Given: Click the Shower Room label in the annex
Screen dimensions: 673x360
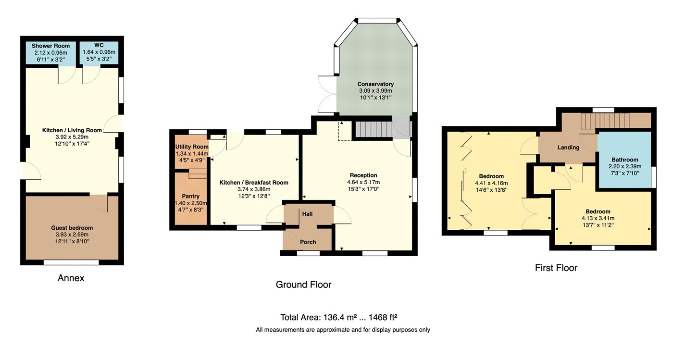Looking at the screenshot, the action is tap(50, 46).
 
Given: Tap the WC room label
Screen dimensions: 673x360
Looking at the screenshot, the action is tap(99, 45).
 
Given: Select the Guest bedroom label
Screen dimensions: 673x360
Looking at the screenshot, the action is tap(72, 228).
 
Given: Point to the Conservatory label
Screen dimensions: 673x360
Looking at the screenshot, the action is tap(375, 84).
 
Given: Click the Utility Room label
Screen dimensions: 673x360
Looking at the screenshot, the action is tap(192, 147).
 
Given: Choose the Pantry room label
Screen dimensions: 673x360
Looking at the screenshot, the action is tap(190, 196).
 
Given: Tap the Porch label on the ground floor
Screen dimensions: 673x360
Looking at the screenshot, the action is tap(308, 242).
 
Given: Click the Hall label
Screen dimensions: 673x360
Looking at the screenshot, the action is tap(307, 214).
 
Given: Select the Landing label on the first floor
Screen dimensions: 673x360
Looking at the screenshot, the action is tap(568, 147).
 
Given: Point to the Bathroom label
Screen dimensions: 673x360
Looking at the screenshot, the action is tap(624, 160).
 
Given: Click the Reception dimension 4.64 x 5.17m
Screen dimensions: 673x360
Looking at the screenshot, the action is tap(363, 182).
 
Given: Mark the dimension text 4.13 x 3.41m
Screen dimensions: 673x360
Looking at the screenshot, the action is tap(598, 218).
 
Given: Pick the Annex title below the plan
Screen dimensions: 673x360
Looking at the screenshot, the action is tap(71, 278).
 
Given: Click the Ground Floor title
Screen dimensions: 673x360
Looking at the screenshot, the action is tap(303, 285).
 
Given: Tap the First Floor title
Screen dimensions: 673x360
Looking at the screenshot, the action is tap(556, 268).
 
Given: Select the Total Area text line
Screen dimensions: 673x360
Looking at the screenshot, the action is tap(339, 317).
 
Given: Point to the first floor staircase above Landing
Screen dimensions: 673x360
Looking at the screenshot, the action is tap(605, 121).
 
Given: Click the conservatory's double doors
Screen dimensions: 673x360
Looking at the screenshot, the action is tap(327, 94).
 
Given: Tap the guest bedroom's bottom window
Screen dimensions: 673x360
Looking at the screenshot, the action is tap(71, 262).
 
